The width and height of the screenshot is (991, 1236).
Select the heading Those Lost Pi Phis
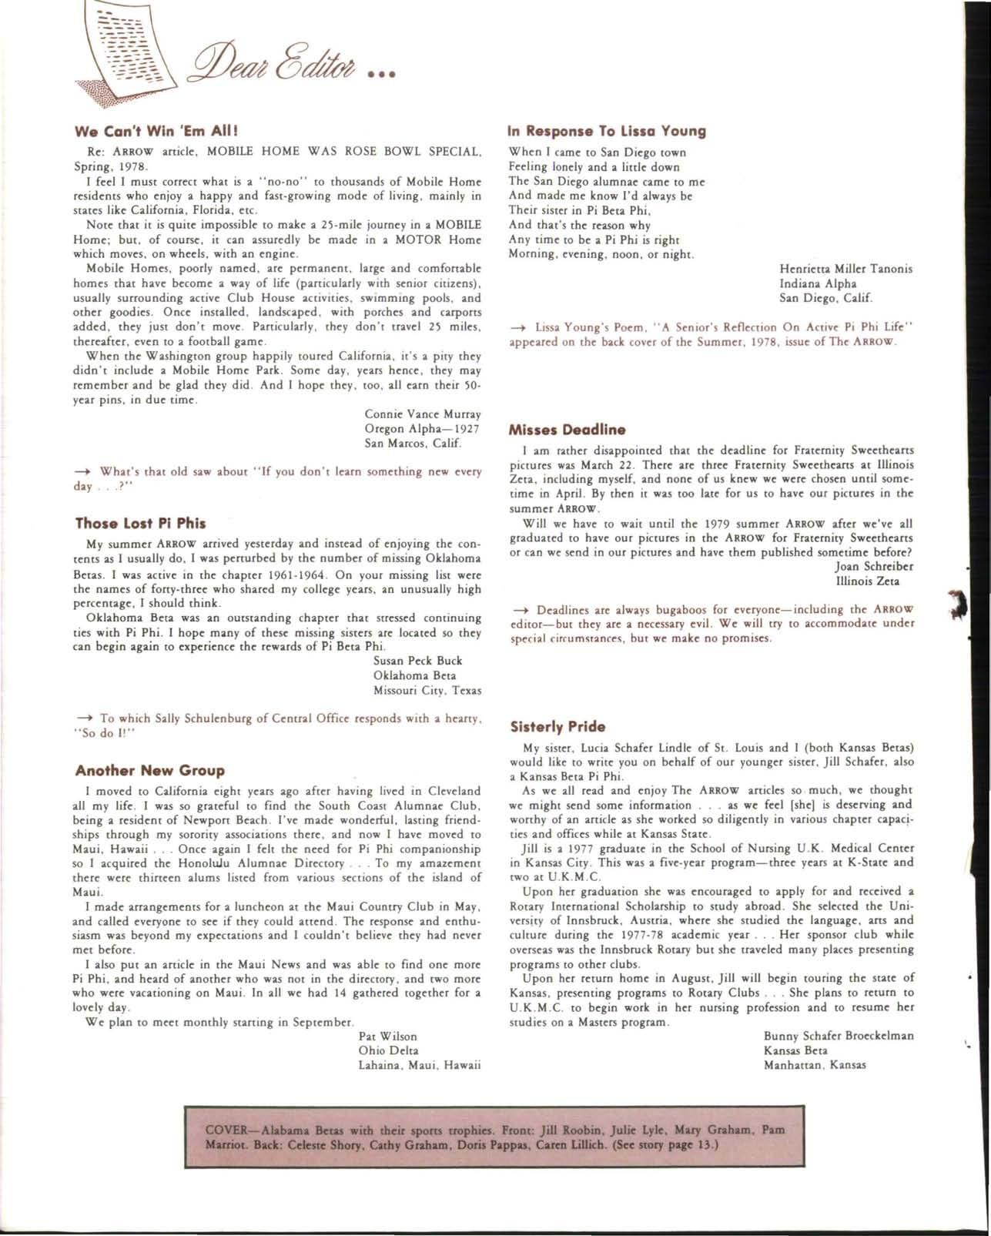click(x=140, y=524)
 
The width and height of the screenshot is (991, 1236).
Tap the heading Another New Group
click(x=150, y=771)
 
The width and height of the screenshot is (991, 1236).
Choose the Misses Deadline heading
click(x=567, y=430)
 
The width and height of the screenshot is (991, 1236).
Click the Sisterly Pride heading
click(x=557, y=727)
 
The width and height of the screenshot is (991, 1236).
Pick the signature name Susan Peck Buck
click(x=417, y=661)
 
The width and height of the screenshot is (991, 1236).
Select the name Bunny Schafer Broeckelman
click(x=839, y=1036)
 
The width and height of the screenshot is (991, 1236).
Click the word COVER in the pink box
click(x=229, y=1131)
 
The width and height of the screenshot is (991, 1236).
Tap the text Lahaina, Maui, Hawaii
click(x=420, y=1066)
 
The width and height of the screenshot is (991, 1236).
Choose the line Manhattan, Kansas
click(x=815, y=1065)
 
